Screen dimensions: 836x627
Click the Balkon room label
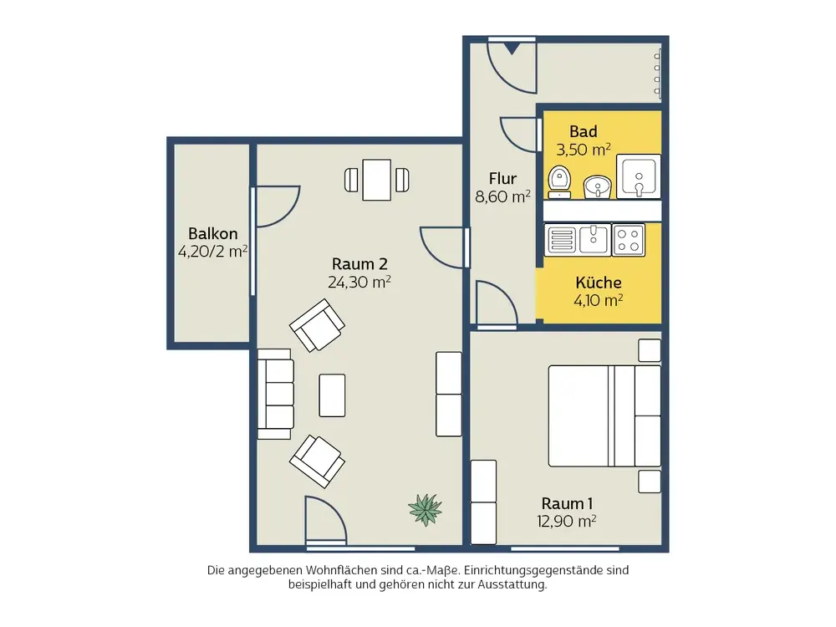(x=212, y=233)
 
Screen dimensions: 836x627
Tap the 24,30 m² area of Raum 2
(x=359, y=282)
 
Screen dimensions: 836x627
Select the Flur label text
(x=502, y=179)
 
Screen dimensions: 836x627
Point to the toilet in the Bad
(x=559, y=181)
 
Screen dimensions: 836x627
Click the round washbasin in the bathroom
(x=597, y=187)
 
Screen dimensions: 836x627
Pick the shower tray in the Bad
(x=639, y=176)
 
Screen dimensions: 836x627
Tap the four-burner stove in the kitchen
(x=628, y=240)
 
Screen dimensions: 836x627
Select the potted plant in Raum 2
(x=425, y=509)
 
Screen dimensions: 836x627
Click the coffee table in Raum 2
(x=332, y=395)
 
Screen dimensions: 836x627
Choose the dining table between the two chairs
(x=377, y=181)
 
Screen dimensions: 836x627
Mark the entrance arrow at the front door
(x=512, y=48)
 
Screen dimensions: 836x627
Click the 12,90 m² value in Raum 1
(x=566, y=521)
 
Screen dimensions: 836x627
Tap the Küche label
(x=599, y=282)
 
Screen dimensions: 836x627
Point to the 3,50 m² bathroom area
(x=584, y=150)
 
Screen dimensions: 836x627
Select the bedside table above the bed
(x=650, y=351)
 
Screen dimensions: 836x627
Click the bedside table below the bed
(x=650, y=482)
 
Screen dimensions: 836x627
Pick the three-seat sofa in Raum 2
(x=276, y=394)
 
